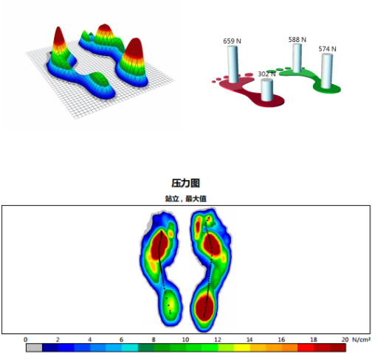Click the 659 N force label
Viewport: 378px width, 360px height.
[x=232, y=41]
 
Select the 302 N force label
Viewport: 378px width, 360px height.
[x=267, y=74]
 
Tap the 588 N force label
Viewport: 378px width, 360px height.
[x=298, y=40]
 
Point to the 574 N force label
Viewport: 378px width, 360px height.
[x=327, y=49]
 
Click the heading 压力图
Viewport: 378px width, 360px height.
[x=185, y=183]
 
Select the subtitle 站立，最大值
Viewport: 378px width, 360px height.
[x=185, y=198]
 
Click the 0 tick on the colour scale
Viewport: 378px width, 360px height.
[x=25, y=339]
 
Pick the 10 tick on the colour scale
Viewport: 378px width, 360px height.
[x=185, y=339]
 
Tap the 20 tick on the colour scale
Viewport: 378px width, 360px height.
[x=345, y=339]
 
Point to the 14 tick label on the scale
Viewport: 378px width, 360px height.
[x=250, y=339]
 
